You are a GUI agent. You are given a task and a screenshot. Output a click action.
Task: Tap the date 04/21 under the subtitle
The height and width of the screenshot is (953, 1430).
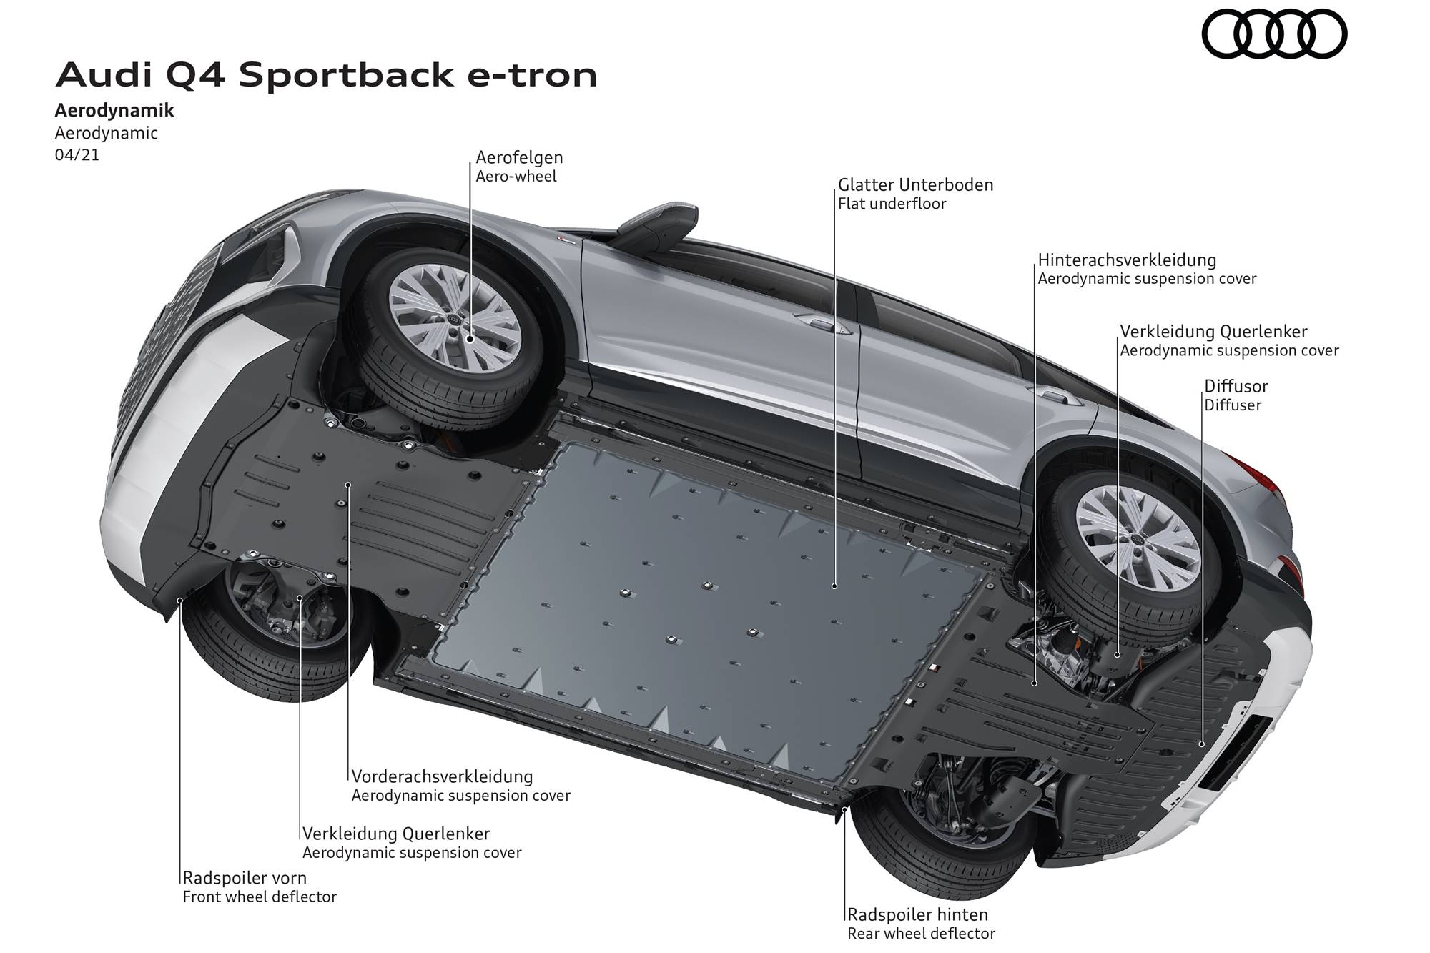pyautogui.click(x=77, y=154)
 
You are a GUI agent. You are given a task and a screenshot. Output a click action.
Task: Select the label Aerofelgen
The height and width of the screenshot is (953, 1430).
pyautogui.click(x=520, y=157)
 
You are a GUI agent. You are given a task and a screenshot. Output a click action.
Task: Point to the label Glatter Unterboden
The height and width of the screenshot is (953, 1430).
pyautogui.click(x=915, y=185)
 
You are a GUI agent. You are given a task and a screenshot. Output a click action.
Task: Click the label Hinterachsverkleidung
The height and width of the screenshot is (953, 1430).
pyautogui.click(x=1127, y=260)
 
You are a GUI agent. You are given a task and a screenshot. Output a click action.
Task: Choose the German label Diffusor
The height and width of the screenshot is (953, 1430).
pyautogui.click(x=1236, y=387)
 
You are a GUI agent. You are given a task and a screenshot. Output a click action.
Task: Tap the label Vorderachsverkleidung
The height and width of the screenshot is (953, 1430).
pyautogui.click(x=442, y=776)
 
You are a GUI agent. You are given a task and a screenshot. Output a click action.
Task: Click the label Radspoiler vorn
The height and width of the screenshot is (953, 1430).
pyautogui.click(x=245, y=877)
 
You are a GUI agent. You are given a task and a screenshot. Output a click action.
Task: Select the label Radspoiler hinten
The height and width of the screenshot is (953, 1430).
pyautogui.click(x=917, y=914)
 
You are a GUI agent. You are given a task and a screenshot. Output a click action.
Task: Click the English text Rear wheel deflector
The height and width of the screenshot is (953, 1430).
pyautogui.click(x=921, y=933)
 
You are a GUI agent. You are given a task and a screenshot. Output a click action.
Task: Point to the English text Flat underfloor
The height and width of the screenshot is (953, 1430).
pyautogui.click(x=892, y=204)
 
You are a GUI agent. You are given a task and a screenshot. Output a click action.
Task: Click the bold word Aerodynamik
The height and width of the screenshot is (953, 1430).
pyautogui.click(x=114, y=111)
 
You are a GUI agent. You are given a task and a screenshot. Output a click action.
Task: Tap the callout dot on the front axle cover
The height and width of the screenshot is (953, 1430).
pyautogui.click(x=348, y=485)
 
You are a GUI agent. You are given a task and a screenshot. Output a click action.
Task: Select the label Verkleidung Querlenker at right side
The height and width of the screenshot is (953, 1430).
pyautogui.click(x=1213, y=332)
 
